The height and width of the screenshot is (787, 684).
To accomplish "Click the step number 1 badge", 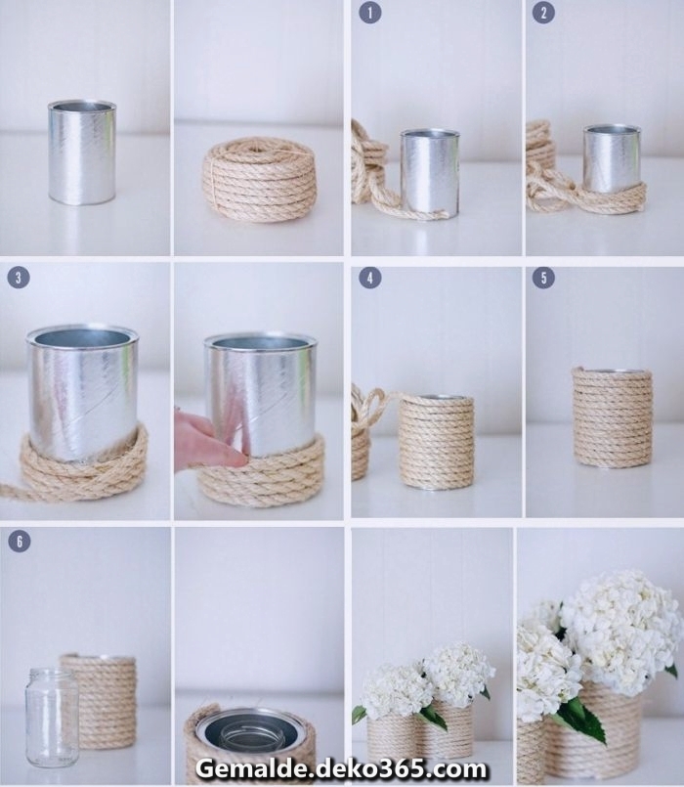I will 368,13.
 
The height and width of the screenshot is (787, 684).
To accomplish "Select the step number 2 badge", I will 543,13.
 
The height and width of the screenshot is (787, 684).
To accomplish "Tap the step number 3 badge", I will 19,278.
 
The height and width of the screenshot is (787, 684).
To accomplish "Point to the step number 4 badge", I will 368,278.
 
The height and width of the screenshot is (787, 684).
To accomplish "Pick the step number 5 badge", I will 543,278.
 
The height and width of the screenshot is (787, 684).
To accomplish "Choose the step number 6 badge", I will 19,541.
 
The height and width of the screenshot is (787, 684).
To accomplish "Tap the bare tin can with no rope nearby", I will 82,152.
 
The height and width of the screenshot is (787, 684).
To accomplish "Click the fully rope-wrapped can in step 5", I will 613,417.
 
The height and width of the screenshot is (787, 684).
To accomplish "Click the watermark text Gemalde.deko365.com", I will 340,768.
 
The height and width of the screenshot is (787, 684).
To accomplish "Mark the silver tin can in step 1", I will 429,172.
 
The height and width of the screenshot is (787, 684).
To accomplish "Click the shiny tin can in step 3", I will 82,391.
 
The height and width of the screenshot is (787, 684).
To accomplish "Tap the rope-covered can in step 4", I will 436,441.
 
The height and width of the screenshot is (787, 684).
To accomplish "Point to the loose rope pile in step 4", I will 363,430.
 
